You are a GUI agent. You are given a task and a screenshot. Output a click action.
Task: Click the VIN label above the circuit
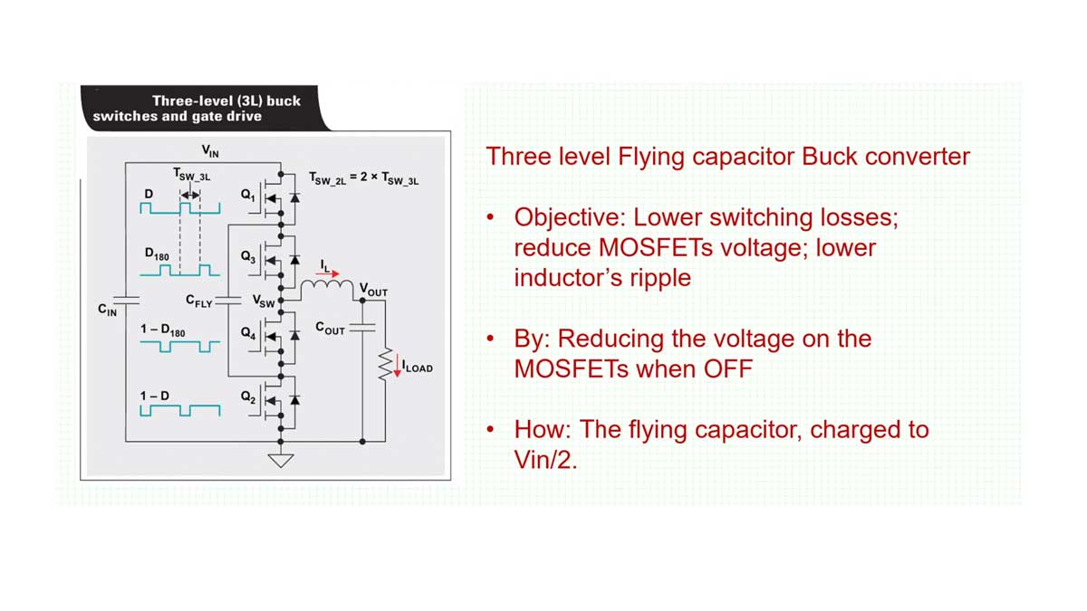[x=209, y=151]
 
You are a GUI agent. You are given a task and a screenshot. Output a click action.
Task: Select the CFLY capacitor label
[x=198, y=301]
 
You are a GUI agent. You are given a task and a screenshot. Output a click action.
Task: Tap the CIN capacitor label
[x=107, y=310]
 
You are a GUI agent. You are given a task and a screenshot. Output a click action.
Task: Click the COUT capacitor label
[x=330, y=329]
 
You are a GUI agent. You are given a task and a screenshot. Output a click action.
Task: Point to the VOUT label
[x=374, y=291]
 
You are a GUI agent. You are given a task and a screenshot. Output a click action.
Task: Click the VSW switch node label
[x=264, y=301]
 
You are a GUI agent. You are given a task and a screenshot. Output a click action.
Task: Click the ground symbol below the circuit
[x=282, y=460]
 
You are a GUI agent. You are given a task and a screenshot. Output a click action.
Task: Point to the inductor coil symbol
[x=328, y=287]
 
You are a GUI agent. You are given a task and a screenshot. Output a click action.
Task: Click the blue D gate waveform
[x=180, y=209]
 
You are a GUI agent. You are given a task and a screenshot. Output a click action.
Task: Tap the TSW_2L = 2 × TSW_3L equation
[x=363, y=178]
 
